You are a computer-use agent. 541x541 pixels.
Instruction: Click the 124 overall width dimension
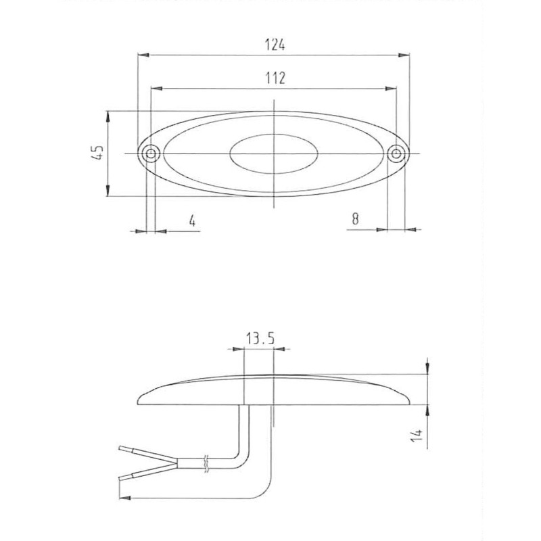275,45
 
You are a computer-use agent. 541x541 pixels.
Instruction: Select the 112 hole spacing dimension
274,78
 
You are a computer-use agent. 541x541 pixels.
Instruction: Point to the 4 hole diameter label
192,220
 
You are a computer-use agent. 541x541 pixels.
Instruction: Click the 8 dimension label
356,218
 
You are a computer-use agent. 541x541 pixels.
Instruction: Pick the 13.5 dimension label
259,339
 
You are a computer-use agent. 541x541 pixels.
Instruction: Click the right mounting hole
397,154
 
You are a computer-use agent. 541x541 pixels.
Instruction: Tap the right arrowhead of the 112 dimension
393,88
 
